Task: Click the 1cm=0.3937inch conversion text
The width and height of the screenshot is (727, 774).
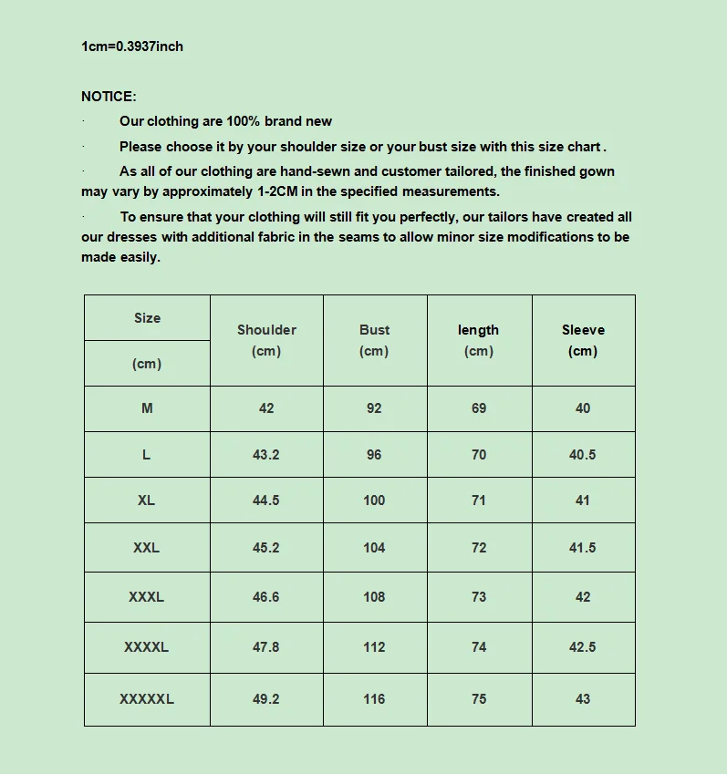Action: pyautogui.click(x=132, y=46)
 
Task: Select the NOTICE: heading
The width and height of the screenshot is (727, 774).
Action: pyautogui.click(x=109, y=97)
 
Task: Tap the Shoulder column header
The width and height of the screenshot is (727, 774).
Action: pyautogui.click(x=266, y=330)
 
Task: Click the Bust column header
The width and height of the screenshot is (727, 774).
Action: pyautogui.click(x=374, y=330)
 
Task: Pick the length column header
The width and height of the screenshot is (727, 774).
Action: pyautogui.click(x=478, y=330)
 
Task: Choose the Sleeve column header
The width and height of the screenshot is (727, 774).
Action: pyautogui.click(x=583, y=330)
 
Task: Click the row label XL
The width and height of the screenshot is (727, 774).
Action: pyautogui.click(x=146, y=501)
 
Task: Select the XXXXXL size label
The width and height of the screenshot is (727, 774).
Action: pyautogui.click(x=146, y=699)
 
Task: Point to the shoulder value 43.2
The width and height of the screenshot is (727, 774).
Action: pyautogui.click(x=266, y=455)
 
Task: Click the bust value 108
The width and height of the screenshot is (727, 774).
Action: pyautogui.click(x=374, y=597)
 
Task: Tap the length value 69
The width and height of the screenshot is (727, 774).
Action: pyautogui.click(x=479, y=408)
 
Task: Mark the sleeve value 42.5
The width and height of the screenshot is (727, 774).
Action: pyautogui.click(x=583, y=647)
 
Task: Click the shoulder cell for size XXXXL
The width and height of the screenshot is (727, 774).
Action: pyautogui.click(x=266, y=647)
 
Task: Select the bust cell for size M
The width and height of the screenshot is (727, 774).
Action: pyautogui.click(x=374, y=408)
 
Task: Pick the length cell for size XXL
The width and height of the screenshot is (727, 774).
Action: pyautogui.click(x=479, y=548)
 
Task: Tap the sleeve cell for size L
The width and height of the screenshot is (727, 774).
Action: pyautogui.click(x=583, y=455)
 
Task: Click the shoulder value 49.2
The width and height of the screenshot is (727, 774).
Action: pyautogui.click(x=266, y=699)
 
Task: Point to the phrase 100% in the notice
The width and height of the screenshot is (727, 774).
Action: pyautogui.click(x=244, y=121)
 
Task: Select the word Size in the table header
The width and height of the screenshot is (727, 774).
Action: pyautogui.click(x=147, y=318)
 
